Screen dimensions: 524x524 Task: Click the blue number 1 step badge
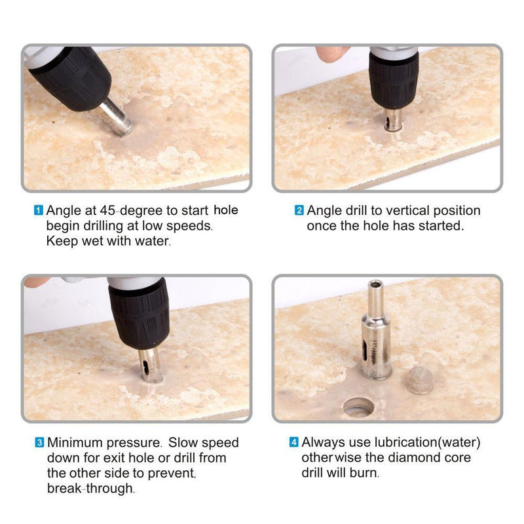[x=39, y=210]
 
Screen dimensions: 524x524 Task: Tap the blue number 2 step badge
[x=299, y=210]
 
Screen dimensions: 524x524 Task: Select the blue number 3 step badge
[x=39, y=443]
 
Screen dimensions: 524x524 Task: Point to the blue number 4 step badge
[x=293, y=442]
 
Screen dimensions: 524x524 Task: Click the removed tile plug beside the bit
[x=420, y=380]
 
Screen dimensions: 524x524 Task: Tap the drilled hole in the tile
[x=359, y=407]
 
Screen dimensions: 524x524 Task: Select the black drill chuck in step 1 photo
[x=73, y=77]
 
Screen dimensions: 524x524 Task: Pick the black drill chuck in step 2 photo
[x=394, y=82]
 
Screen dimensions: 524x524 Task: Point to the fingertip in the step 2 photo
[x=331, y=53]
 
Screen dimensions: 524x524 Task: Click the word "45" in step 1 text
[x=107, y=210]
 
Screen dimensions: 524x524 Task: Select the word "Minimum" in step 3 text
[x=75, y=443]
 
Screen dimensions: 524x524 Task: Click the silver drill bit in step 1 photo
[x=116, y=117]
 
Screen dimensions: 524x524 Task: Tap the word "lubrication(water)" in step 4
[x=428, y=443]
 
